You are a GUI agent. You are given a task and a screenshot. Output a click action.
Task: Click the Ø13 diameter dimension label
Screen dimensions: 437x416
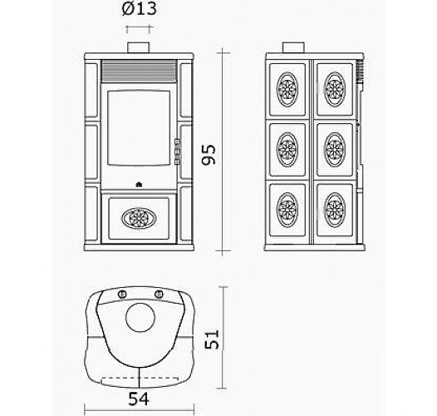click(x=140, y=9)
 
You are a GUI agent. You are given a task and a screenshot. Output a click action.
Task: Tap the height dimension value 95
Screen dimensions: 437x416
click(x=209, y=155)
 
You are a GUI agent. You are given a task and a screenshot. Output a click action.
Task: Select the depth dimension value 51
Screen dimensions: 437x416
click(x=212, y=339)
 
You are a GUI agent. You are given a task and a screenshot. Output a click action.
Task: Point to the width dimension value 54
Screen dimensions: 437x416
click(x=139, y=399)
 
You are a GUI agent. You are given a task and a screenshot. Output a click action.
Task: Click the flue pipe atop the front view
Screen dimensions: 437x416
click(x=139, y=47)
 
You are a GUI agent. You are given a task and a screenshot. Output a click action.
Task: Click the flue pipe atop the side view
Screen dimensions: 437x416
click(x=293, y=47)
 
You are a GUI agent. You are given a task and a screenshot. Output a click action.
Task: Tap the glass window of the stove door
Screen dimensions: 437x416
click(x=139, y=128)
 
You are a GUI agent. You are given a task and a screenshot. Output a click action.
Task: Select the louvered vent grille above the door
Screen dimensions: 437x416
click(x=139, y=71)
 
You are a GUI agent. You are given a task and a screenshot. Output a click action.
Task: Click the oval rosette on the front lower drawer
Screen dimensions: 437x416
click(x=139, y=218)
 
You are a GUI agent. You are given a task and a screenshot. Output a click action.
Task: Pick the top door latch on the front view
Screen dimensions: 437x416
click(x=177, y=141)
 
